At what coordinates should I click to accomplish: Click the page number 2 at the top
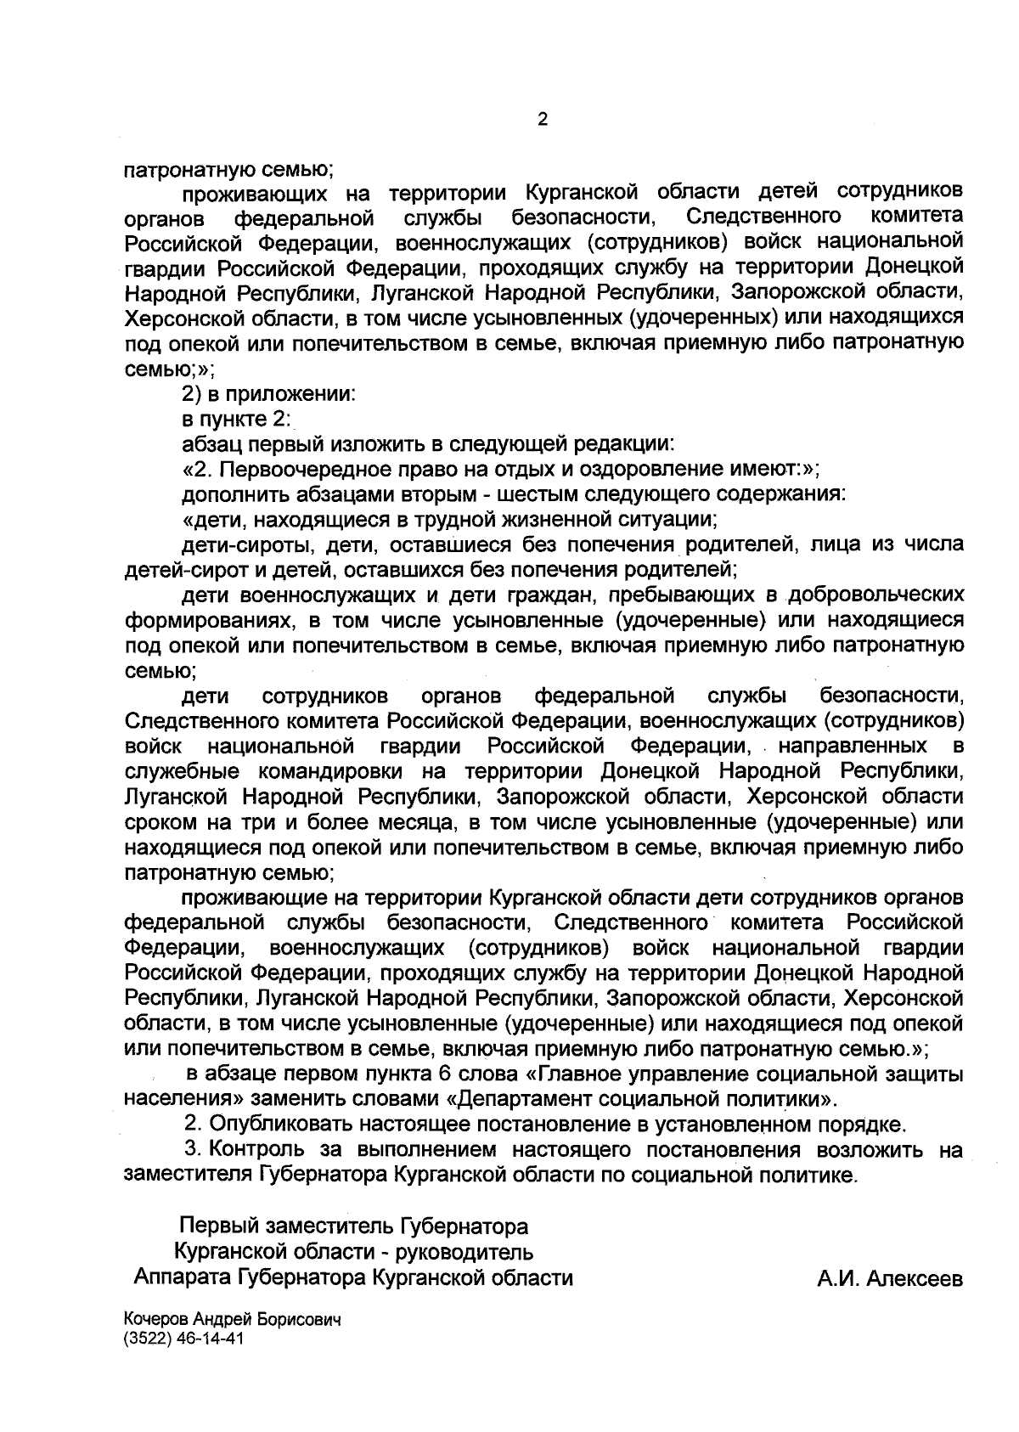click(x=543, y=120)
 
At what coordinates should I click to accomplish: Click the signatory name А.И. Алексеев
click(x=890, y=1278)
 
